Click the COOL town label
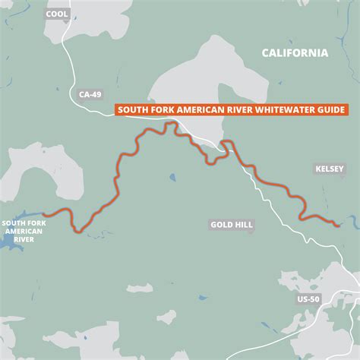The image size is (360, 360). coord(57,14)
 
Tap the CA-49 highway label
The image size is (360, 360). coord(90,95)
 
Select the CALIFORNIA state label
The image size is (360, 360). coord(295,53)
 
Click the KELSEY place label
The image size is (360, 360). coord(328,169)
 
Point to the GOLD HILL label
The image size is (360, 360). coord(231,225)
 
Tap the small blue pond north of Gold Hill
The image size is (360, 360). coord(173,178)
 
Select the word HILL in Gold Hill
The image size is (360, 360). coord(242,225)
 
